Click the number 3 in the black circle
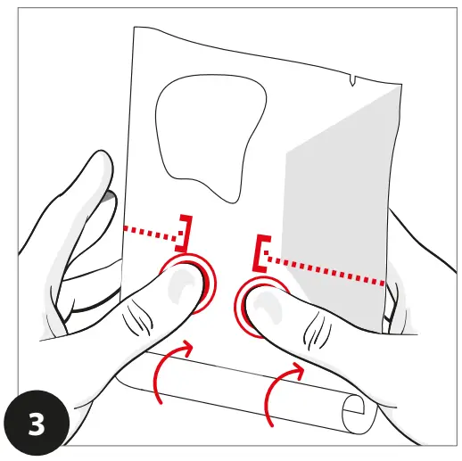(x=37, y=423)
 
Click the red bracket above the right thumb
(x=261, y=253)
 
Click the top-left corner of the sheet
(x=134, y=29)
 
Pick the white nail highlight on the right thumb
(x=262, y=308)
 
